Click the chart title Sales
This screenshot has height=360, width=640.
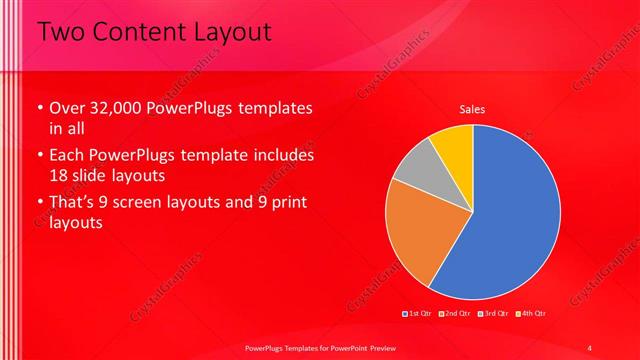click(x=472, y=109)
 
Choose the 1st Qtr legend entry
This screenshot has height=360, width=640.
click(x=417, y=313)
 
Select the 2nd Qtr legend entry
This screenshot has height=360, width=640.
click(x=455, y=313)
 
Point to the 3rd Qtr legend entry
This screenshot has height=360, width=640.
click(x=494, y=313)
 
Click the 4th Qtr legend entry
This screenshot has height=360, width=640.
click(x=531, y=313)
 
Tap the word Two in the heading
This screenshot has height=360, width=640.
click(x=62, y=32)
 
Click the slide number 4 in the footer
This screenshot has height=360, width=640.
click(x=589, y=347)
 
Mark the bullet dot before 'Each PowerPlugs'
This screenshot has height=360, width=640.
click(x=40, y=156)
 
